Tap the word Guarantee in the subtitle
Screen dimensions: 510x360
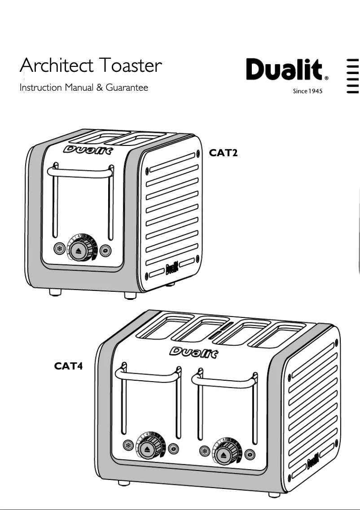127,88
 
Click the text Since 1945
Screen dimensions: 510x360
307,92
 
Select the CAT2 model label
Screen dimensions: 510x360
223,153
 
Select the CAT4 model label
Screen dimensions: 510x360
68,366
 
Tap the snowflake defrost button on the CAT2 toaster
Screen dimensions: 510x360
58,249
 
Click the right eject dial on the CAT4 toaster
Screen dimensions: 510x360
222,455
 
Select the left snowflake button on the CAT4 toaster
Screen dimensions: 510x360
128,446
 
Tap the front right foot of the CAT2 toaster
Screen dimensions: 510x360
131,296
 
